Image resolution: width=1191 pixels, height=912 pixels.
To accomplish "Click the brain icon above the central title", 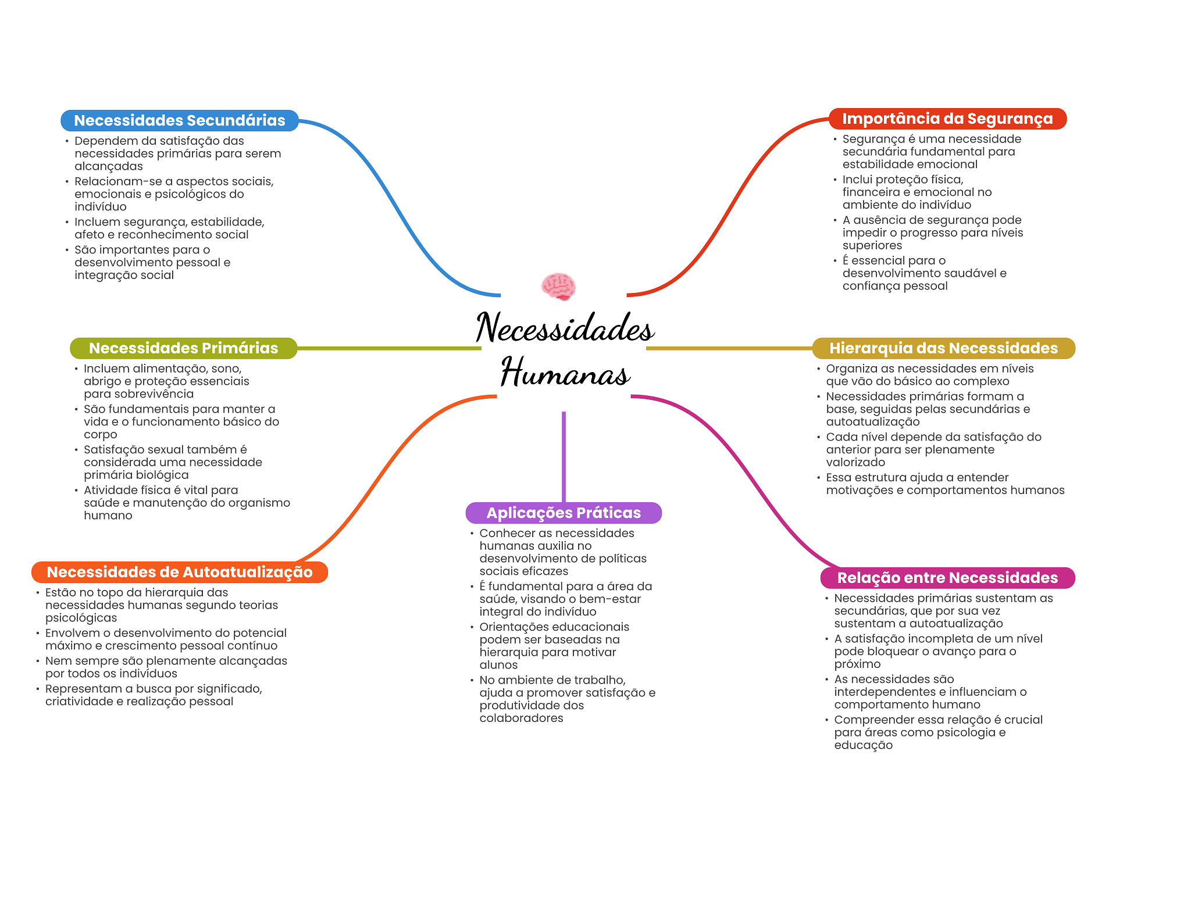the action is [x=558, y=287].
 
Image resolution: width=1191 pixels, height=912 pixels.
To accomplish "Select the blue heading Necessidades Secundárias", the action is [x=180, y=120].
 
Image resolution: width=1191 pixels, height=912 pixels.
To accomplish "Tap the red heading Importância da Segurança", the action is [x=947, y=119].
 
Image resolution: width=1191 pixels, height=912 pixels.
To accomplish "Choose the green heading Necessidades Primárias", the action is [x=183, y=348].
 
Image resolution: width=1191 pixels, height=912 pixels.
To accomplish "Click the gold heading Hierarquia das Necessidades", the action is [x=943, y=348].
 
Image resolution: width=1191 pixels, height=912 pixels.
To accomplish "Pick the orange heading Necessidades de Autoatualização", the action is [x=180, y=572].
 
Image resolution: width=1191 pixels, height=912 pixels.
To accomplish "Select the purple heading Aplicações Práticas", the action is [x=564, y=513].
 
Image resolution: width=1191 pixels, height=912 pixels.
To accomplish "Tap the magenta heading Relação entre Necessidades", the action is [x=947, y=578].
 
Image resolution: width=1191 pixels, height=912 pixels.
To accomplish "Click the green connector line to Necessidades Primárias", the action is [x=390, y=348].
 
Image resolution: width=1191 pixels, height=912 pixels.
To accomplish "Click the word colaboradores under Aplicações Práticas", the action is [x=521, y=718].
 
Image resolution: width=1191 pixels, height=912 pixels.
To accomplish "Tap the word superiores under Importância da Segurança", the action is [x=872, y=245].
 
